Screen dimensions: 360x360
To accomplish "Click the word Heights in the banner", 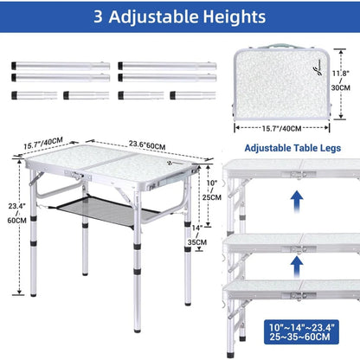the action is (x=235, y=16).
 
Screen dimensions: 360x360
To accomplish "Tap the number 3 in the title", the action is (x=98, y=16).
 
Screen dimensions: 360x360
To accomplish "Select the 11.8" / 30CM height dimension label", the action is (x=341, y=80).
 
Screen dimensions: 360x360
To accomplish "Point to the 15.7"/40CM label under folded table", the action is (x=281, y=129).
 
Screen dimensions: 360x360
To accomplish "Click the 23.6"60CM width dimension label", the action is (x=147, y=145).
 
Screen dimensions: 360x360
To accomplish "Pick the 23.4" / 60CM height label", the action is (x=17, y=213).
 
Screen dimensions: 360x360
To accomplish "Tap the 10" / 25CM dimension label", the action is (x=212, y=190).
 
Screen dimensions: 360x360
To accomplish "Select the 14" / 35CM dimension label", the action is (x=197, y=235).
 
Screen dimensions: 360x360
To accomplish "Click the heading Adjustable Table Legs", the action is (x=292, y=148).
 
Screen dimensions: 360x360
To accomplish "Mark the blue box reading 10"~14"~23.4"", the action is (x=301, y=332).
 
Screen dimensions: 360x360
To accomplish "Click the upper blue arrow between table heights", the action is (x=297, y=202).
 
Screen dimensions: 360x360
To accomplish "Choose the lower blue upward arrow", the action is (x=297, y=267).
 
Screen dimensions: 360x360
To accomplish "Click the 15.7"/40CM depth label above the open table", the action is (x=43, y=143).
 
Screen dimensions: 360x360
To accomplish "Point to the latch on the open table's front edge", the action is (x=76, y=175).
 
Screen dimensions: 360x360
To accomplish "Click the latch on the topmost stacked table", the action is (x=299, y=175).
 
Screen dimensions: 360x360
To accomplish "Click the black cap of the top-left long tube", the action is (x=14, y=66).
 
